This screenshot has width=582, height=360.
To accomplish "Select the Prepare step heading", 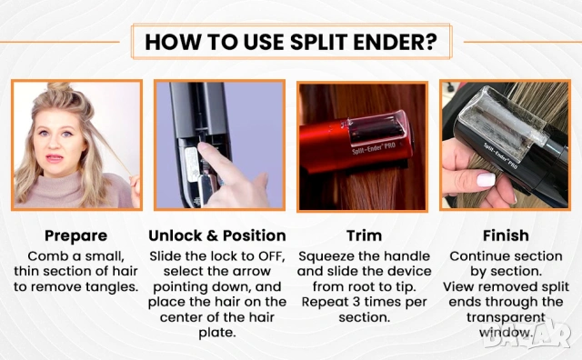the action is pyautogui.click(x=76, y=236).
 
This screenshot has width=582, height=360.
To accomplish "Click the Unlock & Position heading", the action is pyautogui.click(x=217, y=235).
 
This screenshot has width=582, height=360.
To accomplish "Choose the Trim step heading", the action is pyautogui.click(x=364, y=235).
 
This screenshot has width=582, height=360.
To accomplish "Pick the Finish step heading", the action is pyautogui.click(x=506, y=235).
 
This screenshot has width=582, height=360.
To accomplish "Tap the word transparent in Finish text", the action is pyautogui.click(x=506, y=317).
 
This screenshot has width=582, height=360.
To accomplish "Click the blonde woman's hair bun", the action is pyautogui.click(x=59, y=87).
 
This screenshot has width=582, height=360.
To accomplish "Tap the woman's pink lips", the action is pyautogui.click(x=55, y=158).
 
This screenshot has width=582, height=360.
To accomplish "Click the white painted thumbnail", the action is pyautogui.click(x=486, y=180).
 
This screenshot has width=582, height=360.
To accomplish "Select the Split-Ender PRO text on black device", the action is pyautogui.click(x=501, y=156).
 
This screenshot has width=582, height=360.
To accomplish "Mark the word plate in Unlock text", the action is pyautogui.click(x=217, y=333).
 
